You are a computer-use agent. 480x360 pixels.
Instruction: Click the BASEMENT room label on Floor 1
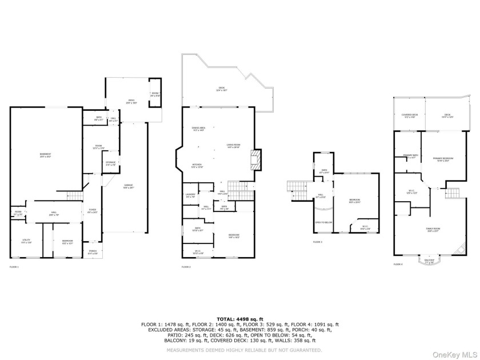click(45, 155)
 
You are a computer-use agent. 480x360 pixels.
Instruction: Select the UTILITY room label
click(26, 241)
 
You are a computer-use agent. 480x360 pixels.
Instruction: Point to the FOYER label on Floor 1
click(93, 211)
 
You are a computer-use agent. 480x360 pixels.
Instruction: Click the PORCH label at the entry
click(93, 251)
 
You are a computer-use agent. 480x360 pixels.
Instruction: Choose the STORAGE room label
click(110, 163)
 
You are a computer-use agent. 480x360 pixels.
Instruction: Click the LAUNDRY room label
click(190, 196)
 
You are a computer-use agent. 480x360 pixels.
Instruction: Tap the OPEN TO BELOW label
click(323, 222)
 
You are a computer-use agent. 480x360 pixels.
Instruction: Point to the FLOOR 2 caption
click(186, 267)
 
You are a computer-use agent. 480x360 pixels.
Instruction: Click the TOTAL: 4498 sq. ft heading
click(240, 318)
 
